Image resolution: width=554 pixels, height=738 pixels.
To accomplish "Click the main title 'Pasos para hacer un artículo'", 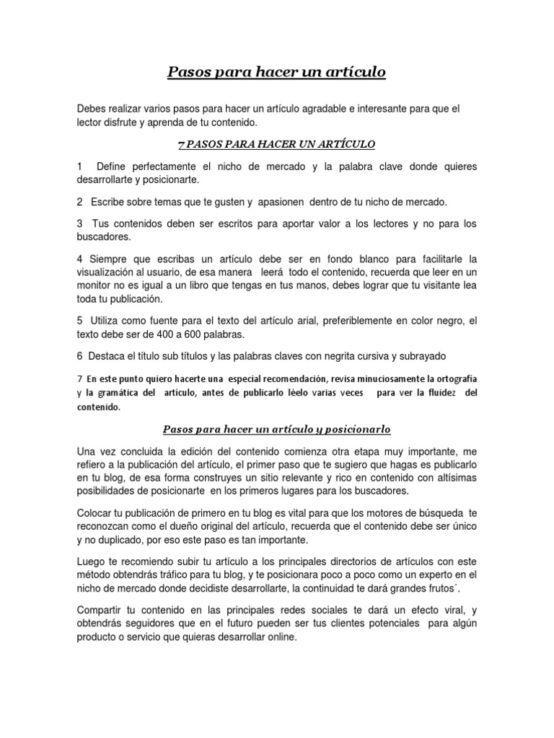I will click(277, 72).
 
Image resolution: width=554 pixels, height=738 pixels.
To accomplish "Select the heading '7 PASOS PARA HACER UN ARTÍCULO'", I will click(277, 144).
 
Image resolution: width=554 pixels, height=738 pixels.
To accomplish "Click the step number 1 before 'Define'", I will click(79, 166).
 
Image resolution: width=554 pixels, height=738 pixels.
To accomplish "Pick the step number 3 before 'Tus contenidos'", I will click(79, 224).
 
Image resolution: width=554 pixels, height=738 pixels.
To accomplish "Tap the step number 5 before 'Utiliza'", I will click(79, 320).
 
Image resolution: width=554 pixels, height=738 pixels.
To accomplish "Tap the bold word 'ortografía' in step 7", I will click(453, 378).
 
